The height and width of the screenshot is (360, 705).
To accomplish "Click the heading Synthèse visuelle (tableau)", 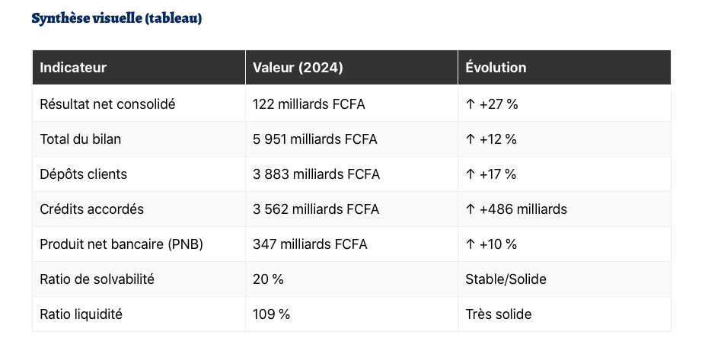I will click(116, 18).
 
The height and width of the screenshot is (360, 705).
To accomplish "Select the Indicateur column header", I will click(73, 68).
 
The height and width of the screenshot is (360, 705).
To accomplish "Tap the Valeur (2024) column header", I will click(298, 68).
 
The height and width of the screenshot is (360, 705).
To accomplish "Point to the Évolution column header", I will click(496, 68).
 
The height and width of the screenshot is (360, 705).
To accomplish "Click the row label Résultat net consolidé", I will click(107, 104).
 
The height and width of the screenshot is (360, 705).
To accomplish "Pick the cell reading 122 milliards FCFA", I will click(308, 104).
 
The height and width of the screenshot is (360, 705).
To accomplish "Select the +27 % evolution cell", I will click(492, 104).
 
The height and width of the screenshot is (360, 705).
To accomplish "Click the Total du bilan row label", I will click(80, 139).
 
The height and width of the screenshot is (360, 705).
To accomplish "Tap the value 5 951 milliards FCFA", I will click(314, 139).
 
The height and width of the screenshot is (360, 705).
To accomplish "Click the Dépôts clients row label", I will click(83, 174).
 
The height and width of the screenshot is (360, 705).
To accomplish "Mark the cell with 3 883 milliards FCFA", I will click(316, 174).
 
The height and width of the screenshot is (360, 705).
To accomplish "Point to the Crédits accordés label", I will click(91, 209).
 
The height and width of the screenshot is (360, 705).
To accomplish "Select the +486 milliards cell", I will click(516, 209).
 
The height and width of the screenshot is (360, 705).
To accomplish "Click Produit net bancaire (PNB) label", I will click(121, 244).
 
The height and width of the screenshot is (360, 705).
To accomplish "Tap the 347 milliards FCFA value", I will click(310, 244).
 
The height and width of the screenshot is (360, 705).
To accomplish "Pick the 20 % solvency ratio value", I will click(268, 279).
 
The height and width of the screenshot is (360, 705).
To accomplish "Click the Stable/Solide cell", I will click(506, 279).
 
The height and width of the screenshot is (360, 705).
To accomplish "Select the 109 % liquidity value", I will click(271, 314).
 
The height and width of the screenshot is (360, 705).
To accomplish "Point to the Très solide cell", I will click(499, 314).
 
